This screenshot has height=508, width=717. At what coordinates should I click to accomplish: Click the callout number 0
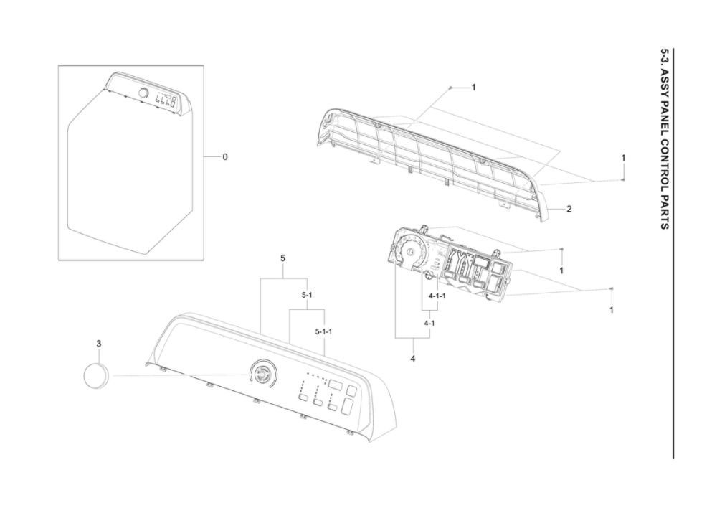(225, 157)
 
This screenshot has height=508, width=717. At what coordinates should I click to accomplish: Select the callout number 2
(569, 209)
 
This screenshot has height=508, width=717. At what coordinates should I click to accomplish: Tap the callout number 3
(99, 343)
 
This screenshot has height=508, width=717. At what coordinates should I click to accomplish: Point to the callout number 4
(412, 359)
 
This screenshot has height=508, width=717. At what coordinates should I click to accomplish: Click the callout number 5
(282, 258)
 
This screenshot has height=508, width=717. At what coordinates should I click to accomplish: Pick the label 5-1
(307, 295)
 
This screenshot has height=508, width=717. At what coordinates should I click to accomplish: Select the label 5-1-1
(324, 331)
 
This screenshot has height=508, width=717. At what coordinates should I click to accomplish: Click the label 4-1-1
(437, 296)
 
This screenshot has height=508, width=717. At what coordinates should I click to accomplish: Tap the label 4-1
(429, 323)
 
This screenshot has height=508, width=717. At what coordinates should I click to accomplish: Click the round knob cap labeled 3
(97, 375)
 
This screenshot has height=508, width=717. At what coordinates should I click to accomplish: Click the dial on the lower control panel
(262, 373)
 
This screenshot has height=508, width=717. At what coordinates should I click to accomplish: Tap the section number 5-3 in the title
(665, 58)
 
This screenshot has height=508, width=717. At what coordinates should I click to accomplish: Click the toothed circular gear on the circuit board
(411, 251)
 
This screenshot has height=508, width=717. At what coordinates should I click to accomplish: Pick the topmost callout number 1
(474, 87)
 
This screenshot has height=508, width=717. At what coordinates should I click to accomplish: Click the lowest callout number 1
(612, 310)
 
